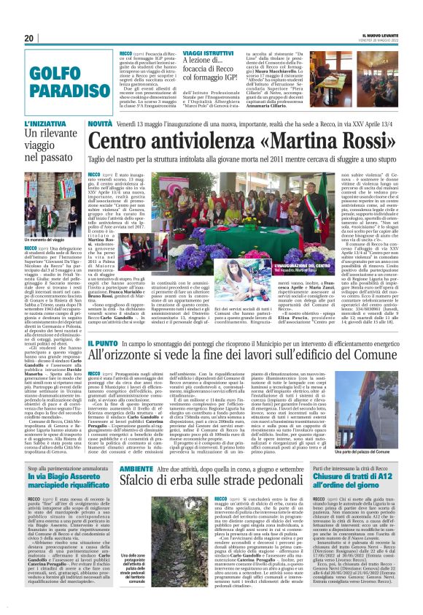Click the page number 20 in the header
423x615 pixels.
[29, 39]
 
